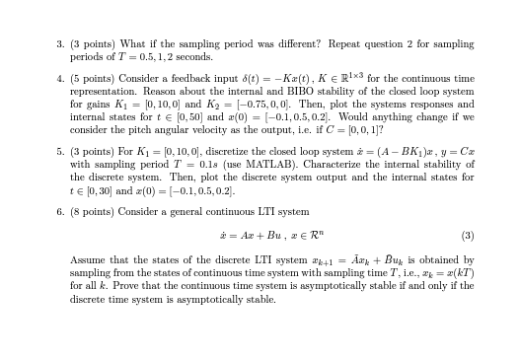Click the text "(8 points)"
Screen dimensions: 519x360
92,211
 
